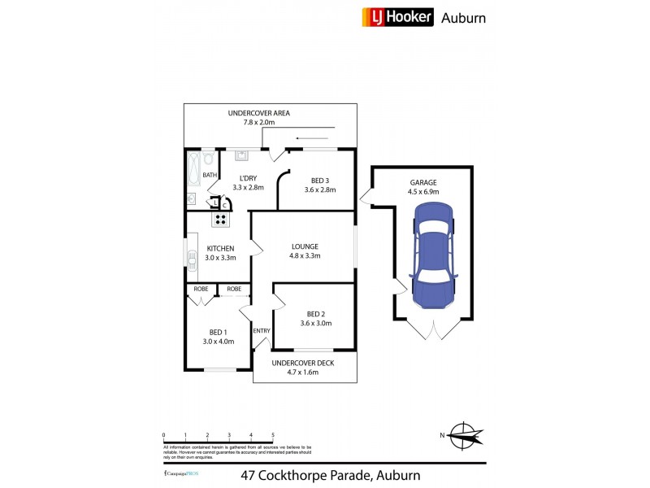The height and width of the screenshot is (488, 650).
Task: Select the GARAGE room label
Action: [x=422, y=182]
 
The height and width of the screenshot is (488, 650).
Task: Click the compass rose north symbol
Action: [x=465, y=436]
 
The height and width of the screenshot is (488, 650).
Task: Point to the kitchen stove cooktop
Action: [x=221, y=218]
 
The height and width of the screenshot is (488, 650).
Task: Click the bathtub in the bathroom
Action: [x=193, y=168]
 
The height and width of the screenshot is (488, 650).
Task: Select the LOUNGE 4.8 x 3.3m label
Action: [x=305, y=251]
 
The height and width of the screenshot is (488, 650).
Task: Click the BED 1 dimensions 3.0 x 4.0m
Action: [x=217, y=342]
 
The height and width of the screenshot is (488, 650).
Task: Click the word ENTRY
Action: [x=262, y=331]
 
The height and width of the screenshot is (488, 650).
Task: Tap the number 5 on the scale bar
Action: [x=273, y=434]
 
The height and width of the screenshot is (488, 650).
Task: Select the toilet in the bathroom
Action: [x=208, y=157]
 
